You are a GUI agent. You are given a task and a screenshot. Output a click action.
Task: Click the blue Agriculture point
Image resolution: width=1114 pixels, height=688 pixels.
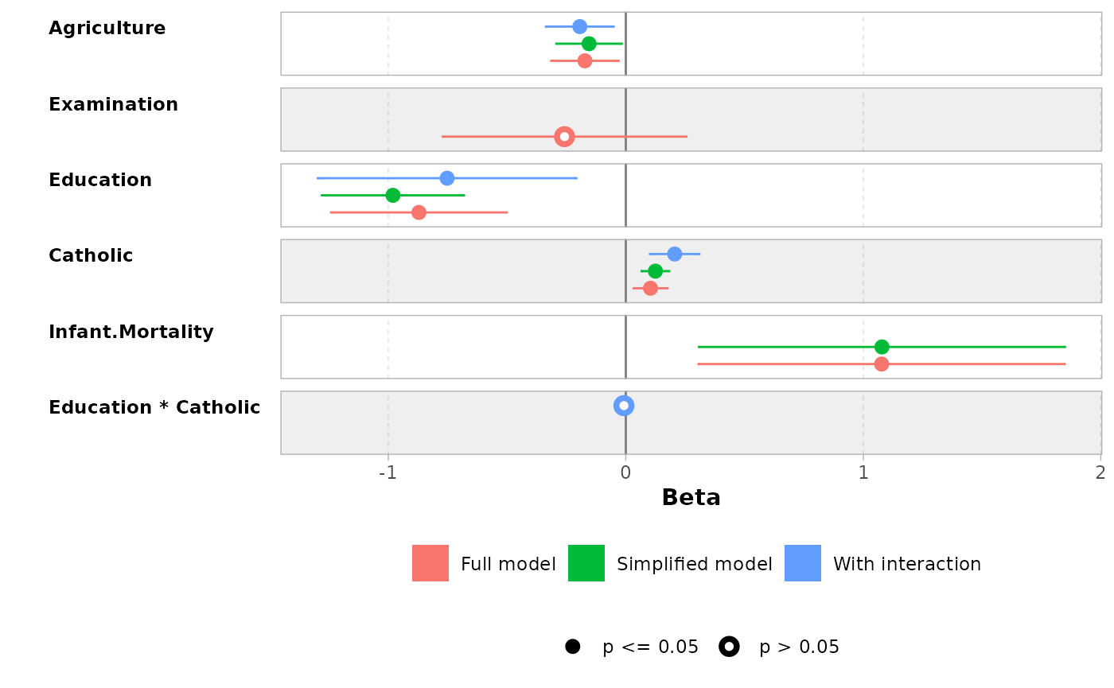[579, 26]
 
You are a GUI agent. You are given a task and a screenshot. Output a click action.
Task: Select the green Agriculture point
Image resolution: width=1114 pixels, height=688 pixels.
[589, 44]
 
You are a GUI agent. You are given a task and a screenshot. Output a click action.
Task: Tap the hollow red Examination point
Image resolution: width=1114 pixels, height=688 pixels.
[564, 137]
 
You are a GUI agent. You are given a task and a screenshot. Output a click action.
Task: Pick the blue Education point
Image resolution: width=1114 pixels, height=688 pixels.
[447, 178]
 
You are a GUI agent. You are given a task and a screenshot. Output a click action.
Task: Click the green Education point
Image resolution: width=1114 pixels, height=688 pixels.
[392, 195]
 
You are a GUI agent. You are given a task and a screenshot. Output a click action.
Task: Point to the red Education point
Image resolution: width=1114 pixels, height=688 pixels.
[419, 212]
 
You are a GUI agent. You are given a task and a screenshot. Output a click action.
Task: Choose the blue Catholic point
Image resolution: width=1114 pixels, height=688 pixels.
[674, 254]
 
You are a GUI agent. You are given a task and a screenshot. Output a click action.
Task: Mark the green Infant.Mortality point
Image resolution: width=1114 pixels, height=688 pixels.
[882, 347]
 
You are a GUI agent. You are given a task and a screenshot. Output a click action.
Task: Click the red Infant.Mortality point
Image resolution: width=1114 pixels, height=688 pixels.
[882, 364]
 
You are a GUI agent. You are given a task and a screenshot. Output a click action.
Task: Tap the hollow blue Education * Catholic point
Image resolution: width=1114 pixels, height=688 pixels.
[624, 406]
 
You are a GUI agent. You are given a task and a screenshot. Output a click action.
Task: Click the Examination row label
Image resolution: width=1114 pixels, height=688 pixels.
[113, 105]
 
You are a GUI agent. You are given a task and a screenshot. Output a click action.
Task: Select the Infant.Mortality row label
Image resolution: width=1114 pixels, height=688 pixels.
[131, 332]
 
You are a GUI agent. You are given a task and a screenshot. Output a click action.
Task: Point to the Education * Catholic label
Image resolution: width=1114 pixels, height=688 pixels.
[154, 408]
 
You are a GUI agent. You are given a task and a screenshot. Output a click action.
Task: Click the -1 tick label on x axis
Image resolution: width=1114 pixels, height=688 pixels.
[388, 472]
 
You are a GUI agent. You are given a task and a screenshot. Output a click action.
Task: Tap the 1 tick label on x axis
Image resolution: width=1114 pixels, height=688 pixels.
[863, 472]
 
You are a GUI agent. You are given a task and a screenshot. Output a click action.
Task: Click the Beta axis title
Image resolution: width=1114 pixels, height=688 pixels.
[691, 498]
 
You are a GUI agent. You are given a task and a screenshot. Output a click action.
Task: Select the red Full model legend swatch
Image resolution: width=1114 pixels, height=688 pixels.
[430, 563]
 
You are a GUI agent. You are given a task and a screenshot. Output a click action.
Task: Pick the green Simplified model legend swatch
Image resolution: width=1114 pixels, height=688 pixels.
[586, 563]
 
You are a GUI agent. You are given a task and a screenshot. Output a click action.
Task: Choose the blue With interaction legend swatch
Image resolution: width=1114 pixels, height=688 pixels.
[803, 563]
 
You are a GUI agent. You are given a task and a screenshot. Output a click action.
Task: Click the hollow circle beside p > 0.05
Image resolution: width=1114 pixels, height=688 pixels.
[729, 647]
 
